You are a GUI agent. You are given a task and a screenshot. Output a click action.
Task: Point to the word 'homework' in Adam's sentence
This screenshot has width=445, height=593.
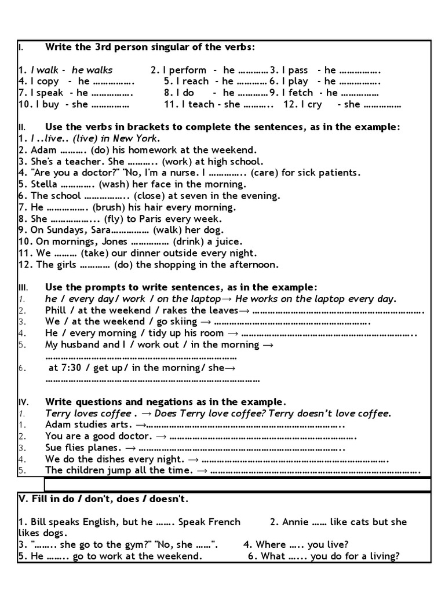[141, 150]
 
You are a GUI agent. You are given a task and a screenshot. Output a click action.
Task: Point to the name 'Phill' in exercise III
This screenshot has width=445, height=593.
[56, 310]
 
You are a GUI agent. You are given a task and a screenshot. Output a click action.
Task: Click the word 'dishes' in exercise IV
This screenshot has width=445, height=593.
[102, 459]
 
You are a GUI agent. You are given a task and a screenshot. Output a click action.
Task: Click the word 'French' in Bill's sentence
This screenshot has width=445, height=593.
[222, 522]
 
